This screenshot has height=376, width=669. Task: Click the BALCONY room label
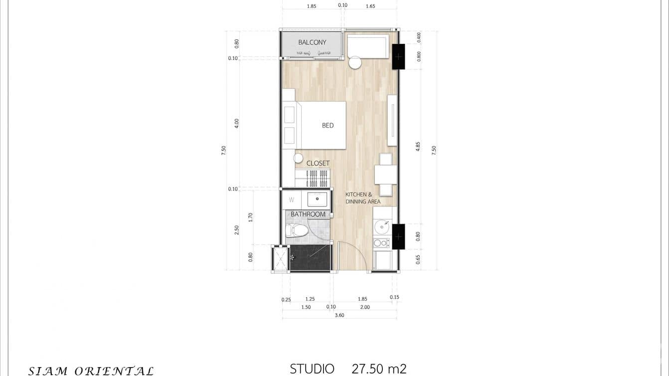(312, 42)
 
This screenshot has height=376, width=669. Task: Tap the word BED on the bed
(328, 126)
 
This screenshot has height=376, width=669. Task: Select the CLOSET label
(318, 164)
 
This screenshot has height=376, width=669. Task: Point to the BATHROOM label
(308, 214)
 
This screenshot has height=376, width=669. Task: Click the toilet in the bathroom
(297, 230)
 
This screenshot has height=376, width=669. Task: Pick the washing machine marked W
(292, 200)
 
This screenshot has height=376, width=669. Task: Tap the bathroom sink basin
(317, 199)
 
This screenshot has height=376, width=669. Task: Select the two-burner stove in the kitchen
(381, 243)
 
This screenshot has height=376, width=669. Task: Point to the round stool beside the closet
(298, 158)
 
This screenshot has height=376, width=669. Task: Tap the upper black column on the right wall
(398, 57)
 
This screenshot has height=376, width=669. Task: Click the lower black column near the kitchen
(398, 236)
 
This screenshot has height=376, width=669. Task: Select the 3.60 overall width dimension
(339, 315)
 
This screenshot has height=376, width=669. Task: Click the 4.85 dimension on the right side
(418, 146)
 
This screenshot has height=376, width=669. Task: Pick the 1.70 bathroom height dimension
(251, 217)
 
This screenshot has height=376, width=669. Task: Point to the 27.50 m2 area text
(379, 369)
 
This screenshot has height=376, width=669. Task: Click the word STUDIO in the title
(312, 369)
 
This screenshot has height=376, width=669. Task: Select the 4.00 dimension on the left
(237, 123)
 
